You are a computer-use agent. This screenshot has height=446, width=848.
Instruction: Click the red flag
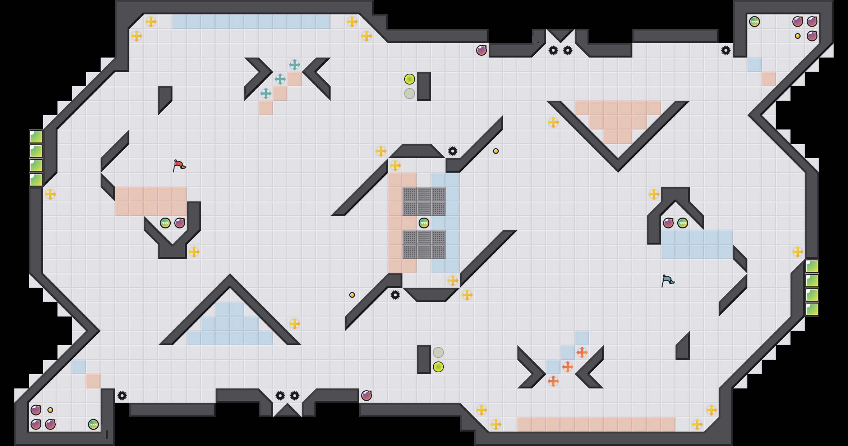tap(179, 165)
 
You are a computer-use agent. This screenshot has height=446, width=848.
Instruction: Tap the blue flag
tap(667, 280)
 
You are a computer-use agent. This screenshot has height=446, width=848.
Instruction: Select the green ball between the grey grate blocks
tap(424, 223)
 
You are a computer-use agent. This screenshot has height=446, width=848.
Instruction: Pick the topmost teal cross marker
tap(295, 65)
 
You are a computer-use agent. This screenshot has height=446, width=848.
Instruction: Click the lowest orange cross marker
tap(553, 381)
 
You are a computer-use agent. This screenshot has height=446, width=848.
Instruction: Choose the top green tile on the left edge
tap(36, 137)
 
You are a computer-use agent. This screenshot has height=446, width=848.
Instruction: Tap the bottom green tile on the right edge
tap(812, 309)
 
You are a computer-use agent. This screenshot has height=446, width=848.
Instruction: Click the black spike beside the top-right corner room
tap(726, 50)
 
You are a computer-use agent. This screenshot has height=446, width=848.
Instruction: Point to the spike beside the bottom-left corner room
tap(122, 396)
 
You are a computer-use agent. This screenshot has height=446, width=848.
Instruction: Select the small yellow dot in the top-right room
tap(798, 36)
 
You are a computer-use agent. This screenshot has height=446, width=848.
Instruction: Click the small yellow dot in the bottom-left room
tap(50, 410)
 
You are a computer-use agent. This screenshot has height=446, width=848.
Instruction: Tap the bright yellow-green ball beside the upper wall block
tap(410, 79)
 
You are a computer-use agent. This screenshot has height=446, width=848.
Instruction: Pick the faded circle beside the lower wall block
tap(438, 352)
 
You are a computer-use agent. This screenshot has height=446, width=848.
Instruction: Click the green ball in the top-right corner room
tap(755, 22)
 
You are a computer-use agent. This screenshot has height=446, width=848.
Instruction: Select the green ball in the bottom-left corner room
tap(93, 424)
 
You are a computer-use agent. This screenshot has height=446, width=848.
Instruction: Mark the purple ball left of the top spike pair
tap(481, 50)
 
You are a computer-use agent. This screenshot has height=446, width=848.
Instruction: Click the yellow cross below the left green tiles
tap(50, 194)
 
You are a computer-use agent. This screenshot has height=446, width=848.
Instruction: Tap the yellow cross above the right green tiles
tap(798, 252)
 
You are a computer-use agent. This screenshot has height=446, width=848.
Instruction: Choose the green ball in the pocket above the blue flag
tap(683, 223)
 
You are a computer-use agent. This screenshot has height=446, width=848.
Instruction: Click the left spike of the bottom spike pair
tap(280, 396)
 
